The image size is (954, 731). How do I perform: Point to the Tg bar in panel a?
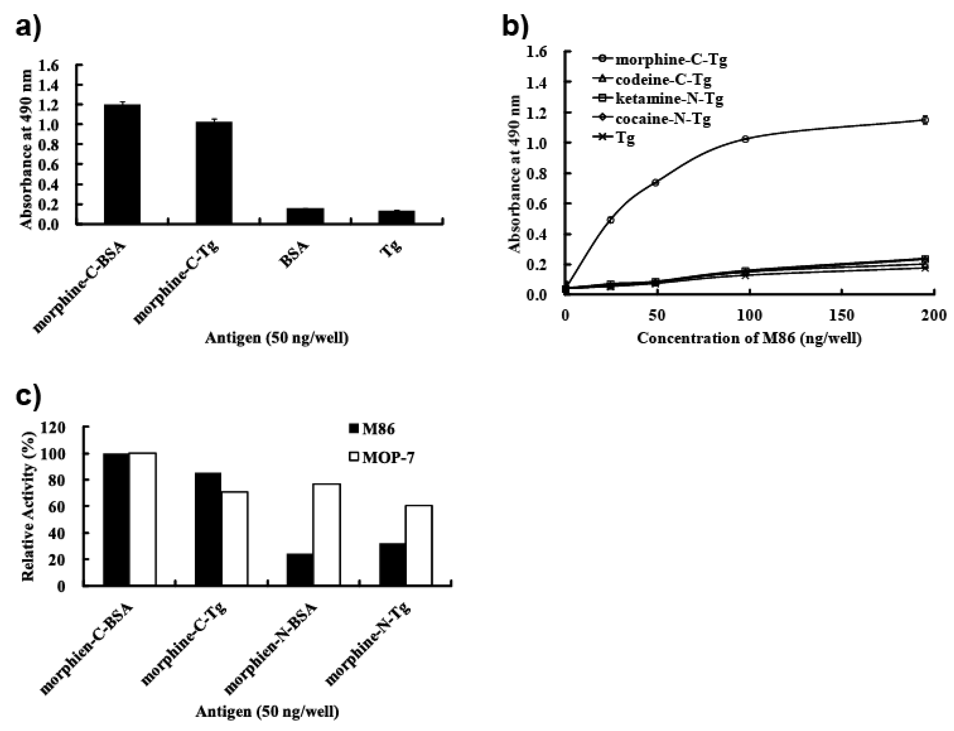(396, 217)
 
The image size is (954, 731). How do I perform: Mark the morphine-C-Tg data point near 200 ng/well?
(925, 120)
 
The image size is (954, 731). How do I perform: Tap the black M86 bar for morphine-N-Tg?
(392, 565)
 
